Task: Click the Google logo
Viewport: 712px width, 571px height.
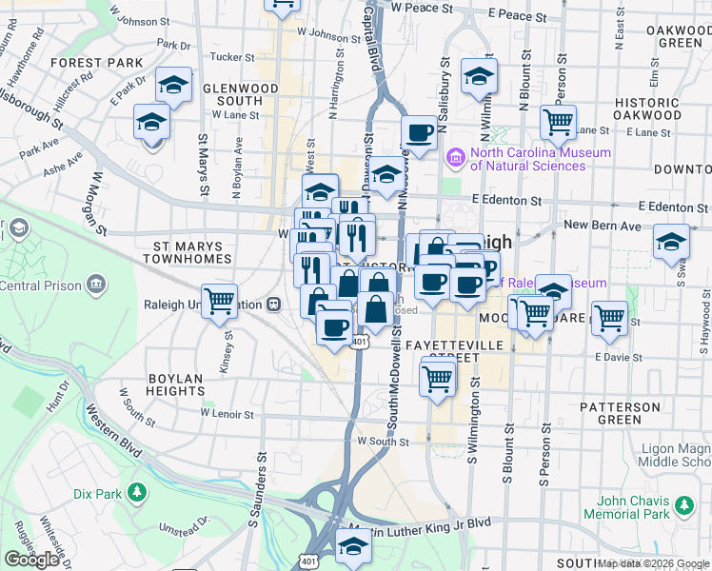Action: click(31, 560)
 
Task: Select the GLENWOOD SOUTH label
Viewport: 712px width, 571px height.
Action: click(227, 94)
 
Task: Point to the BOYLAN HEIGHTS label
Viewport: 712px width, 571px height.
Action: click(176, 384)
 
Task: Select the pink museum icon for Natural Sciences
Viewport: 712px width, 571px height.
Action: click(456, 156)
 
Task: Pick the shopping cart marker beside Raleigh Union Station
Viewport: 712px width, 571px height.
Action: click(219, 301)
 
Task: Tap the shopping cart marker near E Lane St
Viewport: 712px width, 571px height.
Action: click(557, 121)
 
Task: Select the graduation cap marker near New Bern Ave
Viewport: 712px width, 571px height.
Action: click(671, 241)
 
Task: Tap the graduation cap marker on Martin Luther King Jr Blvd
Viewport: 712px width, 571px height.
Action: click(353, 546)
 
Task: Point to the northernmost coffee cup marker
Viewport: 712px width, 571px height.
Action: click(419, 131)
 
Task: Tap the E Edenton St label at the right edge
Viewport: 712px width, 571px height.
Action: click(671, 207)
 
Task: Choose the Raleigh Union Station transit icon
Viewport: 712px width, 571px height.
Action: click(274, 304)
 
